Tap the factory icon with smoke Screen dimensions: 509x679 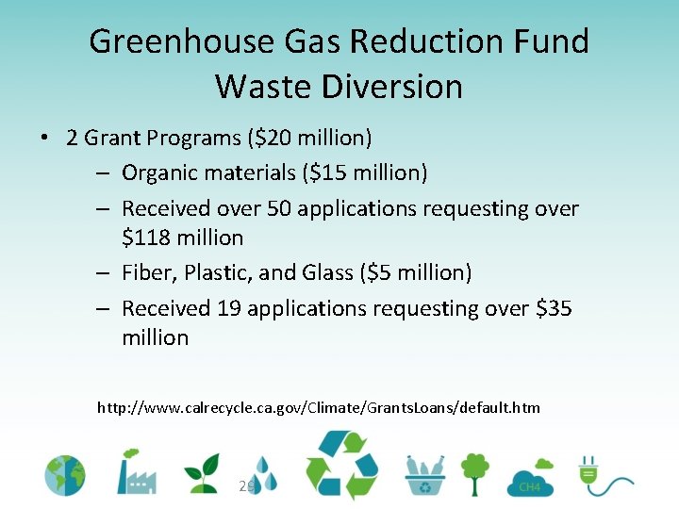tap(136, 470)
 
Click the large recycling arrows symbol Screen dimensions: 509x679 tap(340, 465)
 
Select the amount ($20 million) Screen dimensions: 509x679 tap(309, 139)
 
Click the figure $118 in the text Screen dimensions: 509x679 tap(147, 238)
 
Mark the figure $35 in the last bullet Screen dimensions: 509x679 tap(550, 308)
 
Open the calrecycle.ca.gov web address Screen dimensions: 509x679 tap(319, 408)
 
